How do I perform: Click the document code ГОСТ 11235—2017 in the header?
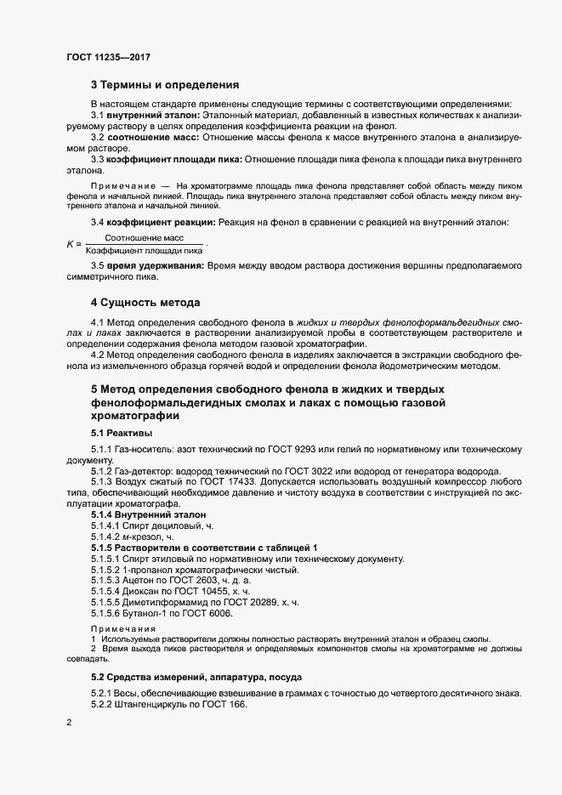110,59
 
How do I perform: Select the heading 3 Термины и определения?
165,85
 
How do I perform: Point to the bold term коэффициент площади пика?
174,159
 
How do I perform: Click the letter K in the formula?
69,245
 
